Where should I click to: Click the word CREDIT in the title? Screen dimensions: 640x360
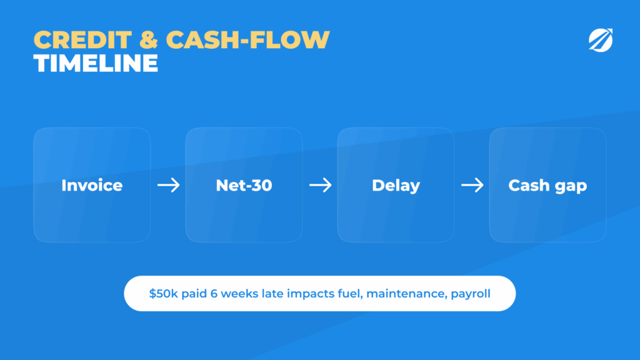coord(83,40)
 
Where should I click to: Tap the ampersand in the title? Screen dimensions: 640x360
coord(149,40)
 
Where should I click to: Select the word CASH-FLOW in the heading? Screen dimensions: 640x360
coord(247,40)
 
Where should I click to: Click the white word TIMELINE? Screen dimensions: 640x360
coord(96,63)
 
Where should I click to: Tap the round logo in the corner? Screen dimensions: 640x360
coord(601,40)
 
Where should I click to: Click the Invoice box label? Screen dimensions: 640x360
coord(92,185)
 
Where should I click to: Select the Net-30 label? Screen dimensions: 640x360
coord(244,185)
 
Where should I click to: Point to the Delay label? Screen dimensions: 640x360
coord(396,186)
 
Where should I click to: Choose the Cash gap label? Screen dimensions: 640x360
coord(547,186)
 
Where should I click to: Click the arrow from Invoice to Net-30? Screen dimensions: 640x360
coord(169,185)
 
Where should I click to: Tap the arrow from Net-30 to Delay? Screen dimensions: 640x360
coord(321,185)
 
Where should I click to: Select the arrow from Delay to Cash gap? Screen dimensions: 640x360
coord(472,185)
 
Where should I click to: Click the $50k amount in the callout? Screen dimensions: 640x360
coord(163,294)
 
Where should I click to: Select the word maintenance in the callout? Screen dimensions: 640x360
coord(406,294)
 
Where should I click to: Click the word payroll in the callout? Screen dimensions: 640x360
coord(471,294)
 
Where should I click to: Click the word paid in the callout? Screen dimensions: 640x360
coord(194,294)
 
